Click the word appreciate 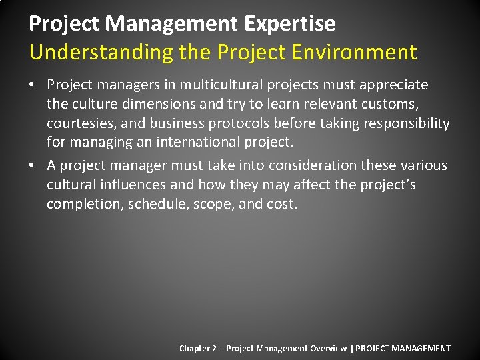393,85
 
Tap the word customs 397,104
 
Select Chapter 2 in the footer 198,349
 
